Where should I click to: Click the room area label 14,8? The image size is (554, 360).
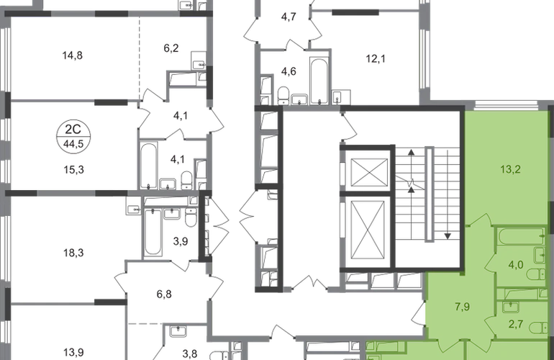73,55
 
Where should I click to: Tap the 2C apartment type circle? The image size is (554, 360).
73,135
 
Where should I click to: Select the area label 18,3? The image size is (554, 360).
73,253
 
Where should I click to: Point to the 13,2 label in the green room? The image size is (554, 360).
511,169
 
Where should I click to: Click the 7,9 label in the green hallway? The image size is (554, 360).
462,307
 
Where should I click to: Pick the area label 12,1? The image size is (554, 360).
376,59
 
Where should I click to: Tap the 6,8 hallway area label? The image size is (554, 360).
164,294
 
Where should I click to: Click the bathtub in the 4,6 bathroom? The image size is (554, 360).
319,81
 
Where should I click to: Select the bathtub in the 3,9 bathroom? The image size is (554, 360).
153,232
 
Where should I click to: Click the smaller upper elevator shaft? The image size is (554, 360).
369,172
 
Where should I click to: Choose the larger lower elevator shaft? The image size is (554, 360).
368,230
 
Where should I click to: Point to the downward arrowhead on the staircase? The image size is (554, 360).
448,236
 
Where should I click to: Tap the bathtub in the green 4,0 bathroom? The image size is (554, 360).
521,236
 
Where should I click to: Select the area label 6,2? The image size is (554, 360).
171,48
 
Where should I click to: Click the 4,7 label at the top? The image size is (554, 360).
289,17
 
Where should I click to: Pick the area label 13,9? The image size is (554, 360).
73,353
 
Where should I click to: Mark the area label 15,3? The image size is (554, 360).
73,170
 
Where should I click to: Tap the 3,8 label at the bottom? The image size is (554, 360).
190,354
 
